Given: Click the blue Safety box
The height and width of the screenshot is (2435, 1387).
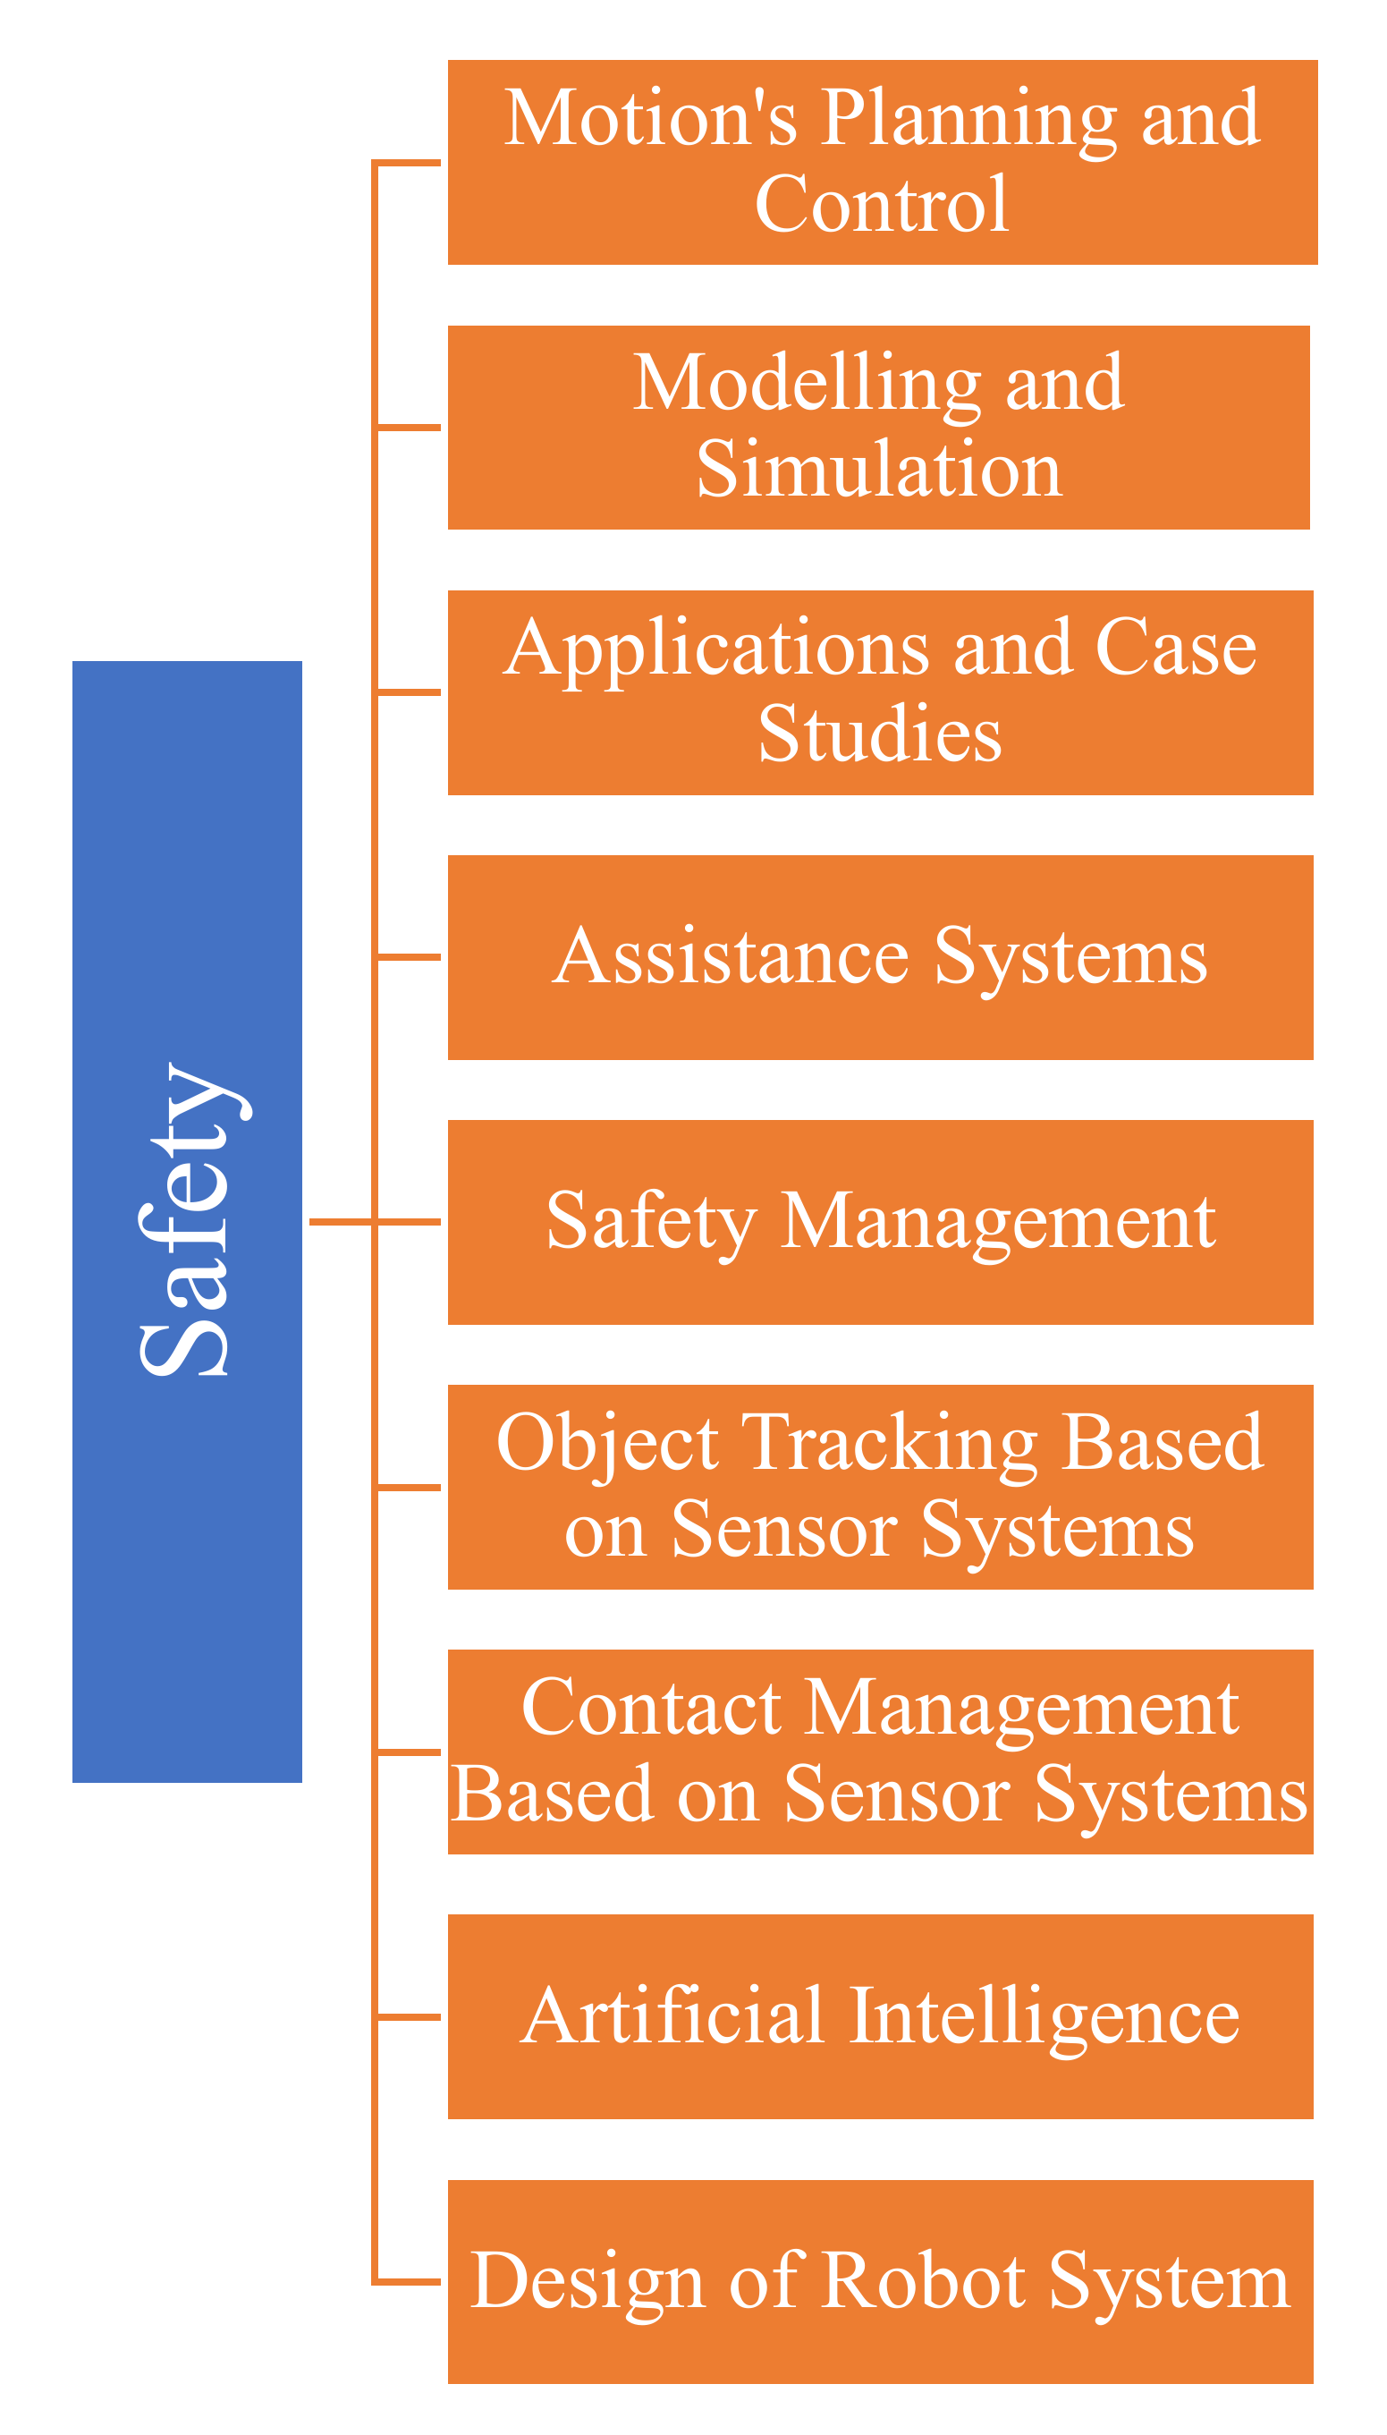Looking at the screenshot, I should click(187, 1221).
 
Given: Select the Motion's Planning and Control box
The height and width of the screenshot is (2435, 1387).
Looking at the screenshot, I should click(882, 162).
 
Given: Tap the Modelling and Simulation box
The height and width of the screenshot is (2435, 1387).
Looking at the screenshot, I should click(878, 428).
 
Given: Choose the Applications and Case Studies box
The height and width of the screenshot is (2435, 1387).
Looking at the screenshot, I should click(880, 692).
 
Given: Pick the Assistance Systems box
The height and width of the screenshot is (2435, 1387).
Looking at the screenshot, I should click(880, 957).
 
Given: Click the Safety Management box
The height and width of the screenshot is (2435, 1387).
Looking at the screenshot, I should click(880, 1222).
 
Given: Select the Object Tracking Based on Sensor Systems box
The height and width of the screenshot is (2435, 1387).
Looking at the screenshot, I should click(880, 1487).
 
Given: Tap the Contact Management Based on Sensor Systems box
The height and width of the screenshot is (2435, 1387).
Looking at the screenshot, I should click(880, 1752).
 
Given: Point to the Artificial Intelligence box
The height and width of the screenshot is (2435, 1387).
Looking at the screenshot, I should click(880, 2016).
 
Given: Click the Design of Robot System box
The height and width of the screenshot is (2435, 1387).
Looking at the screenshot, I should click(880, 2282).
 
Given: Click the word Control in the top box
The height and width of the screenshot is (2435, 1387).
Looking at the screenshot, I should click(881, 205).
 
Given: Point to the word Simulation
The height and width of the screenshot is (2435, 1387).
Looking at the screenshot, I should click(878, 470).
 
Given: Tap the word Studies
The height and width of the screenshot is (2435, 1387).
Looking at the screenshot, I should click(879, 734).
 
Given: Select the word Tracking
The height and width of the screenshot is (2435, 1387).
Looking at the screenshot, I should click(888, 1444).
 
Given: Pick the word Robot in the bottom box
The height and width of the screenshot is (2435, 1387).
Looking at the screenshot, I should click(922, 2283).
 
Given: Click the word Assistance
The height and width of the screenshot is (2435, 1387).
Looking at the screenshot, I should click(731, 957).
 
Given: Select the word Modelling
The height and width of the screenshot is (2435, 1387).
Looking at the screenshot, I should click(806, 384).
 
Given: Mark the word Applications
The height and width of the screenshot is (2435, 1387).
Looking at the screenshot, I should click(715, 649).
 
